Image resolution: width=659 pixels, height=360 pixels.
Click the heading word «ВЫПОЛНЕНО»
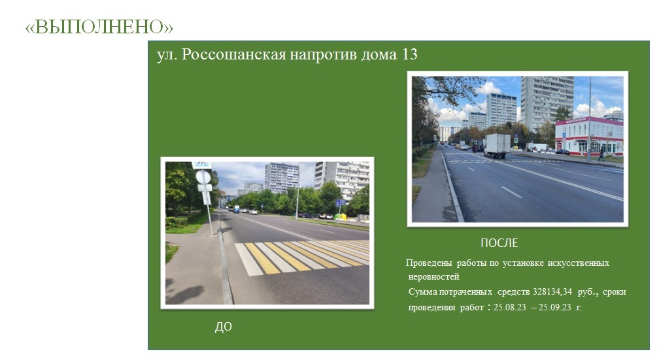pyautogui.click(x=99, y=27)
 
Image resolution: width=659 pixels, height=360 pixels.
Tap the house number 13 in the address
pyautogui.click(x=410, y=54)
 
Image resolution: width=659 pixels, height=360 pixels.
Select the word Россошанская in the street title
pyautogui.click(x=233, y=55)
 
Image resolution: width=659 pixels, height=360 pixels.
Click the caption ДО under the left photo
pyautogui.click(x=223, y=327)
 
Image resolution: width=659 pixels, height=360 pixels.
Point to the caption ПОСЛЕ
pyautogui.click(x=499, y=243)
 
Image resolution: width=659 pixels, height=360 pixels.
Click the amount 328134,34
pyautogui.click(x=552, y=291)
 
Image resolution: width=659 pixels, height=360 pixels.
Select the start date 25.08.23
pyautogui.click(x=509, y=307)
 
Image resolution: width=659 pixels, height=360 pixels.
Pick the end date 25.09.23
pyautogui.click(x=555, y=307)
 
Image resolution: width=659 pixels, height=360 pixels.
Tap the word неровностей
pyautogui.click(x=433, y=277)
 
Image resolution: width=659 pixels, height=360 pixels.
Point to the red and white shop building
pyautogui.click(x=589, y=136)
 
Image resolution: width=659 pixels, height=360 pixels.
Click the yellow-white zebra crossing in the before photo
pyautogui.click(x=302, y=257)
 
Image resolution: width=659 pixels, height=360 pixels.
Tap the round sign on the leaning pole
pyautogui.click(x=203, y=177)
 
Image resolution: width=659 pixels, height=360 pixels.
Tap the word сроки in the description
pyautogui.click(x=615, y=292)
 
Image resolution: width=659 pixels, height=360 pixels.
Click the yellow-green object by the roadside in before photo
pyautogui.click(x=340, y=217)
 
